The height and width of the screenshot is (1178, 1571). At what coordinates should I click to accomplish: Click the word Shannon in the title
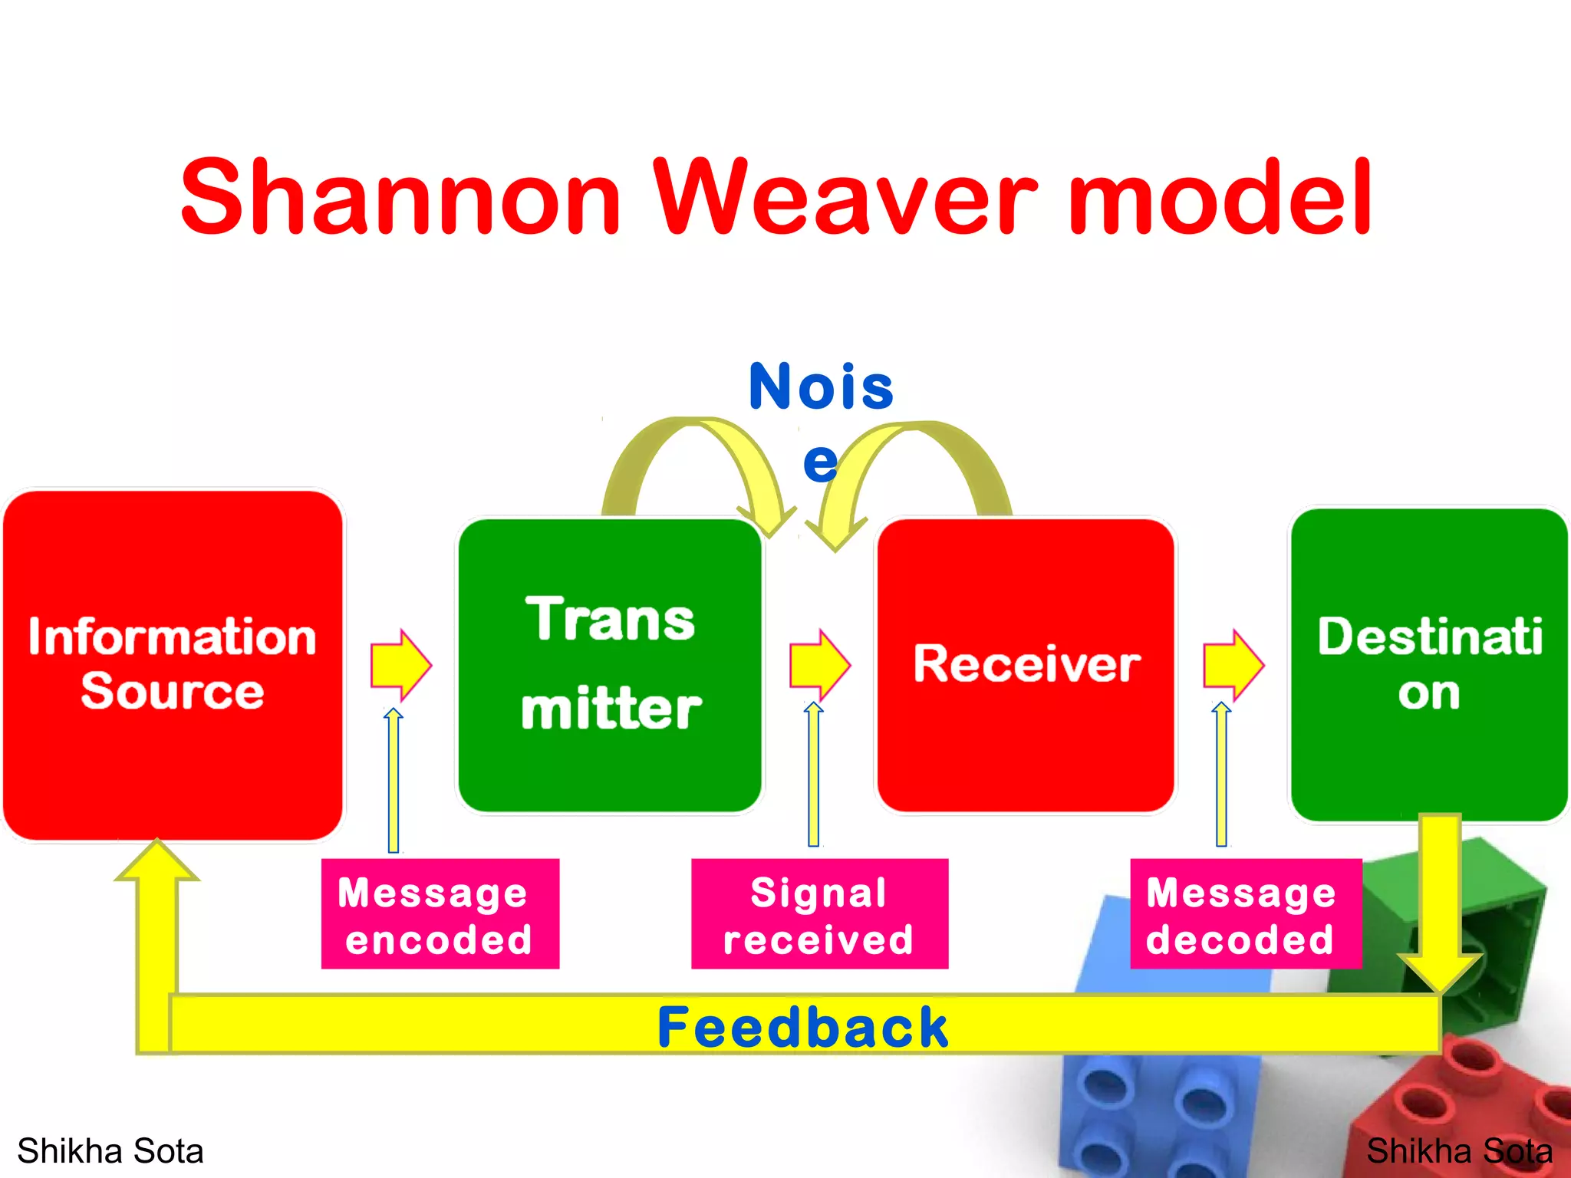tap(399, 197)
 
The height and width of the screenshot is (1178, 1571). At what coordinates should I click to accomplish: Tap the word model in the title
tap(1220, 197)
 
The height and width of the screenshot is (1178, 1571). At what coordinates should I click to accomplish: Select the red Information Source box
tap(173, 664)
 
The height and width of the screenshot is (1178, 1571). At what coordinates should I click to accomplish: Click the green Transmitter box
tap(610, 664)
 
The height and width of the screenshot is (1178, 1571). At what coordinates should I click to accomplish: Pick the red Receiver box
tap(1026, 664)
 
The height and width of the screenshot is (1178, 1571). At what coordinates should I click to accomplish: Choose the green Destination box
tap(1428, 664)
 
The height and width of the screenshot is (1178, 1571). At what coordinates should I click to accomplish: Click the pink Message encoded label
tap(440, 914)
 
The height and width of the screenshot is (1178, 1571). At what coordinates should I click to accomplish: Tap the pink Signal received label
tap(819, 914)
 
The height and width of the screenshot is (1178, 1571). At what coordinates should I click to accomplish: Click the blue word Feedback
tap(803, 1027)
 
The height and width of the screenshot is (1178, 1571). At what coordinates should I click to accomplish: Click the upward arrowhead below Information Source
tap(157, 863)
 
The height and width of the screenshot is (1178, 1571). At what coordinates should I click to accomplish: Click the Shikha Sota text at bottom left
tap(110, 1151)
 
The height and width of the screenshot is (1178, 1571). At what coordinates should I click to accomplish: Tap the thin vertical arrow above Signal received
tap(814, 775)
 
